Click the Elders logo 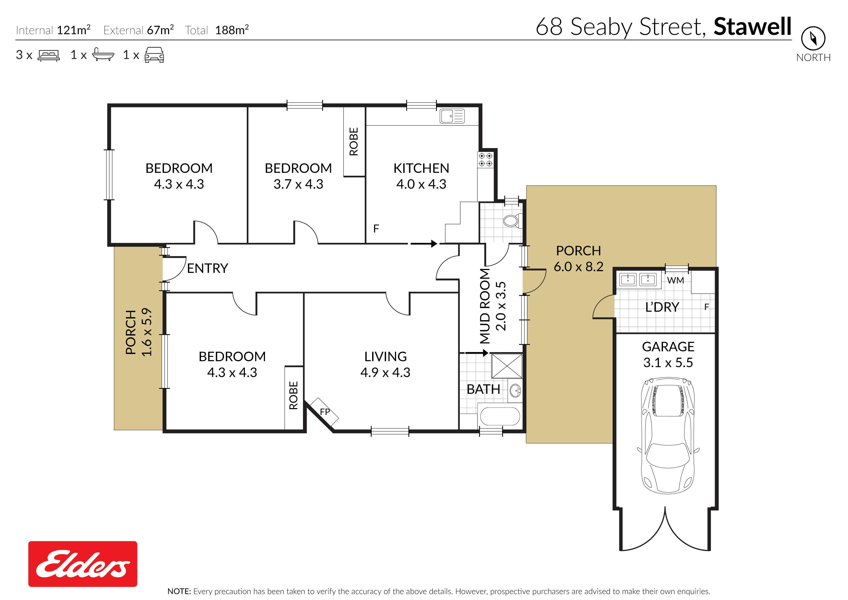coord(83,564)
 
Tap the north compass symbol coord(813,38)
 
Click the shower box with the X coord(507,366)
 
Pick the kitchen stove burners coord(485,160)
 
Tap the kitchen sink coord(452,116)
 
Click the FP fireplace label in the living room coord(325,412)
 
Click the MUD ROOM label coord(485,306)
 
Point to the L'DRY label coord(662,307)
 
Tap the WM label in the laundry coord(675,280)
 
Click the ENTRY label coord(207,268)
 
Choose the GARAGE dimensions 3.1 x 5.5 coord(668,363)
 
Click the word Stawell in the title coord(752,27)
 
